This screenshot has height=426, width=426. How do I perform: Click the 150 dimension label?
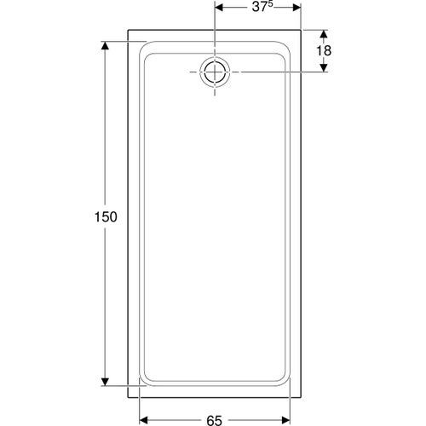106,217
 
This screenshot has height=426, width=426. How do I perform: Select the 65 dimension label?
214,420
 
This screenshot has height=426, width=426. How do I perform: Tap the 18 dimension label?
324,51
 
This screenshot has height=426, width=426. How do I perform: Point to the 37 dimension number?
260,8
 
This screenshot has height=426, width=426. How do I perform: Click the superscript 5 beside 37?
271,4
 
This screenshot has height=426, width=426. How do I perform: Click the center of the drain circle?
215,72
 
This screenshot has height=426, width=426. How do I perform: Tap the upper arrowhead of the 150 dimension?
105,45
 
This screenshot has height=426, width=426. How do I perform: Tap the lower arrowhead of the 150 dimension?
105,382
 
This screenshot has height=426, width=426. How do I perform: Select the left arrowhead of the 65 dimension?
144,419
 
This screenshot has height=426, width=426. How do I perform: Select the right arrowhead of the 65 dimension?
285,419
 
